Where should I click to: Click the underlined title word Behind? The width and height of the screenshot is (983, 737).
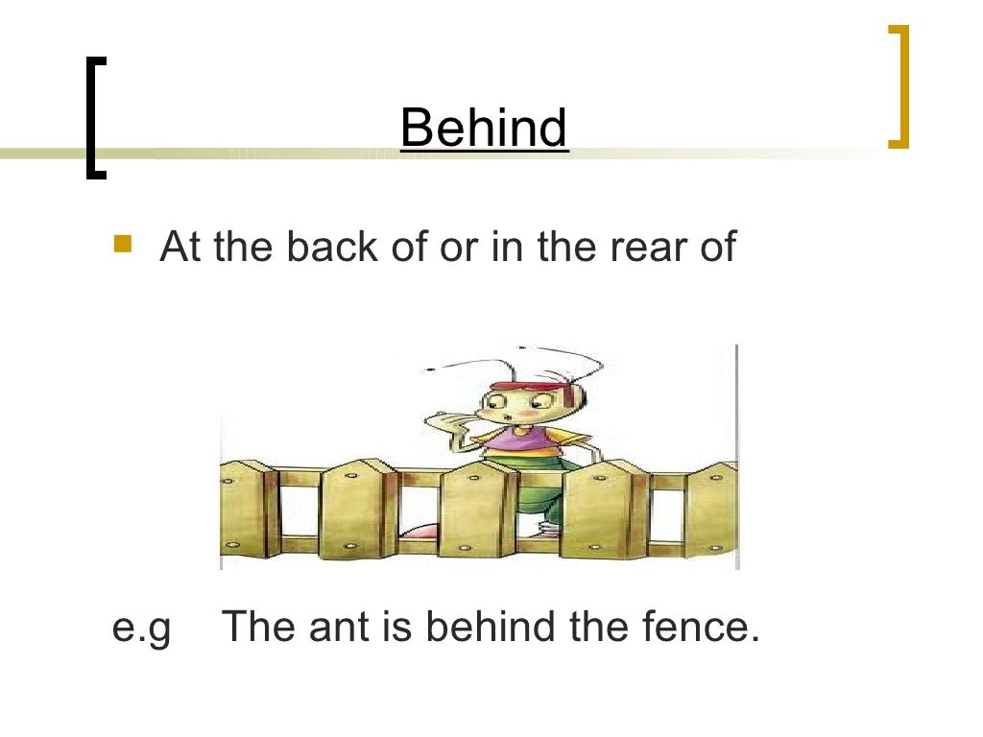pos(484,129)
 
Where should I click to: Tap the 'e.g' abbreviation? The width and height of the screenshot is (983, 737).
pos(141,630)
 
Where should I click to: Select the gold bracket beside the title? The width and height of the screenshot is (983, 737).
pos(899,86)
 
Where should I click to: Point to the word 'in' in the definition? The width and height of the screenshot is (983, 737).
pos(506,247)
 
